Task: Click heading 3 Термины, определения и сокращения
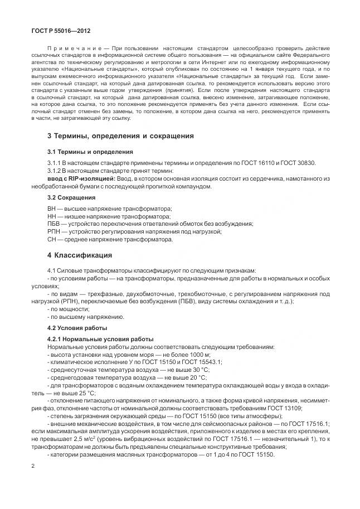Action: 120,135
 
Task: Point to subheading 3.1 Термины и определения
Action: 90,152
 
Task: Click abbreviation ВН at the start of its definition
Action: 52,208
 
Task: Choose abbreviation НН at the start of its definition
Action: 52,216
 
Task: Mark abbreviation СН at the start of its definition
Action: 52,239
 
